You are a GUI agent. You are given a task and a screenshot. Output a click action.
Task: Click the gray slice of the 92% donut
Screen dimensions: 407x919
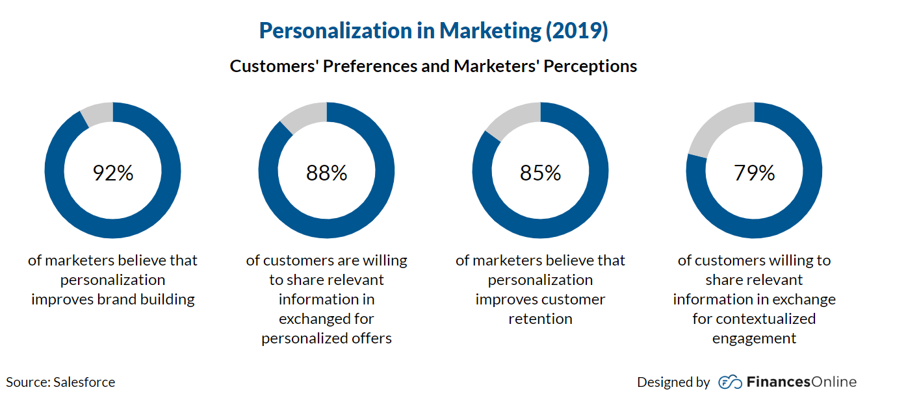click(99, 114)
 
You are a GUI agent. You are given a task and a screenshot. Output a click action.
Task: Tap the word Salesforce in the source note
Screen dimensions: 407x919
click(84, 382)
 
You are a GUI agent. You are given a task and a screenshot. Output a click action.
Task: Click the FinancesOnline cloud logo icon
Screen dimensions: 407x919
click(730, 382)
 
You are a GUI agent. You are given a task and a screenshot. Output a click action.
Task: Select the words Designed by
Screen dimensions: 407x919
click(673, 382)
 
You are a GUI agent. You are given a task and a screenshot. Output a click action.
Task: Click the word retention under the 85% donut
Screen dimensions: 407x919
click(540, 319)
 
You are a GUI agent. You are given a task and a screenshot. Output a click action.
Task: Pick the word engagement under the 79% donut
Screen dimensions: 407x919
click(754, 338)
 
